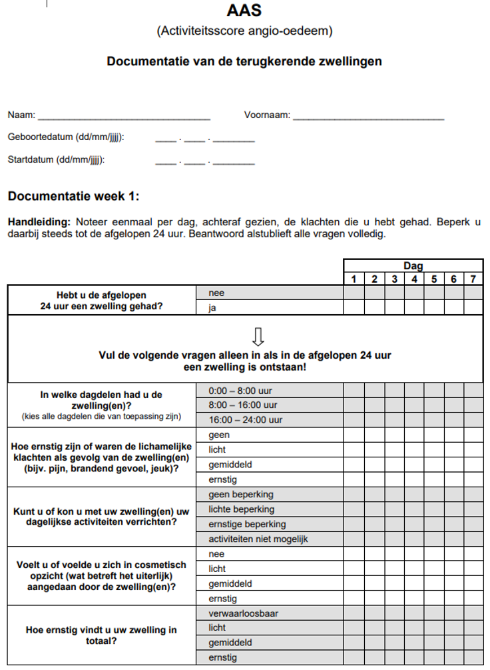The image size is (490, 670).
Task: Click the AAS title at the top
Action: (x=244, y=11)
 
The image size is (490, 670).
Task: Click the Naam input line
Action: (x=124, y=116)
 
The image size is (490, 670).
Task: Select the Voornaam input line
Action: (x=368, y=116)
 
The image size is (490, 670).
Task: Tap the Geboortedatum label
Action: (x=66, y=137)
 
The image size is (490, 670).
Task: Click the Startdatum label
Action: (x=56, y=160)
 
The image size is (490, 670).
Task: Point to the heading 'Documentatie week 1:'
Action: (x=73, y=196)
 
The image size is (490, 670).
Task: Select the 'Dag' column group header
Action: (x=413, y=265)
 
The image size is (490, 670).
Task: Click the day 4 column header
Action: (x=414, y=279)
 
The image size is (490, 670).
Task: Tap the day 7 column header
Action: (x=473, y=279)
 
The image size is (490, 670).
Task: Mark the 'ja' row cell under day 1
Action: (x=354, y=307)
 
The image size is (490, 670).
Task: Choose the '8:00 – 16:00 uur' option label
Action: (x=242, y=405)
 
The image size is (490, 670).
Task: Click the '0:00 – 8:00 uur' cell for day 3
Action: (x=394, y=390)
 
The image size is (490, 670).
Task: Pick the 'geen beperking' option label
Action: (x=241, y=494)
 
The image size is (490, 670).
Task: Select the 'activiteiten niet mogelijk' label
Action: (x=258, y=539)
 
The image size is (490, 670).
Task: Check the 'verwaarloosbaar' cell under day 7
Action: (x=473, y=613)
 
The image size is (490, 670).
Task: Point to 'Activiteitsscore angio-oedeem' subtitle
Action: (x=244, y=31)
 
